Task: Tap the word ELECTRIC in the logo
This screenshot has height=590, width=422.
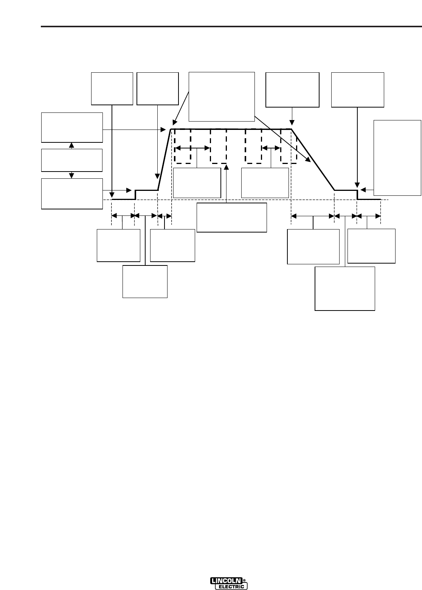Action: click(x=231, y=587)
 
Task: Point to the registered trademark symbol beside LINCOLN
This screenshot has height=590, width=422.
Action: click(x=244, y=580)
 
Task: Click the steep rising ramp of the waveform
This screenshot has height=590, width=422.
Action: click(x=164, y=159)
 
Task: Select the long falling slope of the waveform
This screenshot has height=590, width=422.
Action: click(x=313, y=159)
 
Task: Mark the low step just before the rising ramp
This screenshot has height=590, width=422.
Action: click(x=147, y=190)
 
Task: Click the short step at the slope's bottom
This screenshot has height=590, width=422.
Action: click(x=346, y=190)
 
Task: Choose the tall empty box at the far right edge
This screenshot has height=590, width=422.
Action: click(x=397, y=158)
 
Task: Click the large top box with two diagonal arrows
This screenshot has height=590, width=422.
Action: click(x=222, y=96)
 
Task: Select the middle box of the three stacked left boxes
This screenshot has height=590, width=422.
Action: click(x=72, y=160)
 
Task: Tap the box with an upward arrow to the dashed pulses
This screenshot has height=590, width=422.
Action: click(x=232, y=217)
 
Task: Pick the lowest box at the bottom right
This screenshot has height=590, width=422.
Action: click(x=345, y=289)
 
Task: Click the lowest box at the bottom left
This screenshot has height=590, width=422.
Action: click(x=145, y=281)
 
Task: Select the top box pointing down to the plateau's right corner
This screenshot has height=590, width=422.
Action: click(x=292, y=90)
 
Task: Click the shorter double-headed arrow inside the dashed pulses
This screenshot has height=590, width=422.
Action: click(x=271, y=148)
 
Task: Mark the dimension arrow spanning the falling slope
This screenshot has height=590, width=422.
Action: click(x=313, y=216)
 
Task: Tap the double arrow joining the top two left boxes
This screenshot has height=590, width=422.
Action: click(x=72, y=145)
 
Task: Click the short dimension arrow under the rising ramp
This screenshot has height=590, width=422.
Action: click(x=164, y=216)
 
